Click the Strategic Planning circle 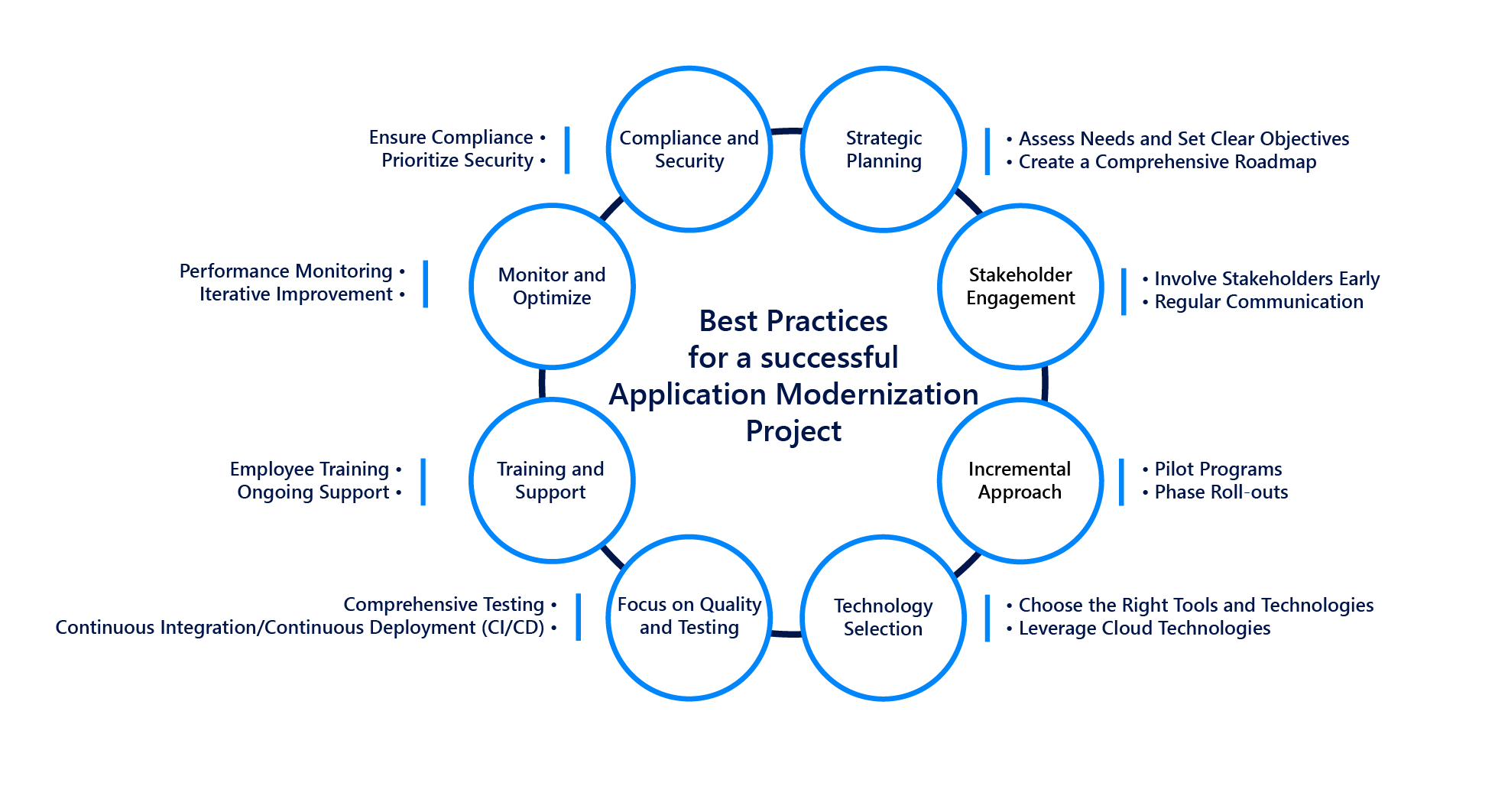pyautogui.click(x=884, y=149)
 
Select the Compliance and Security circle pyautogui.click(x=689, y=149)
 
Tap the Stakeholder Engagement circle pyautogui.click(x=1020, y=286)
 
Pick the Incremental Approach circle pyautogui.click(x=1020, y=480)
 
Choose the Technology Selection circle pyautogui.click(x=883, y=617)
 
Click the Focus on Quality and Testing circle pyautogui.click(x=689, y=616)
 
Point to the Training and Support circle pyautogui.click(x=551, y=480)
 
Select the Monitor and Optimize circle pyautogui.click(x=552, y=286)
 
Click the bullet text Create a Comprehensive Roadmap pyautogui.click(x=1167, y=162)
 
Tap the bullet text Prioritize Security pyautogui.click(x=457, y=161)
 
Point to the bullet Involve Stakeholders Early pyautogui.click(x=1266, y=279)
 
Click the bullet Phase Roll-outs pyautogui.click(x=1221, y=492)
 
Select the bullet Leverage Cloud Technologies pyautogui.click(x=1144, y=628)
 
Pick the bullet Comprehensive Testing pyautogui.click(x=443, y=605)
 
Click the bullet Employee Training pyautogui.click(x=310, y=469)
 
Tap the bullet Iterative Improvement pyautogui.click(x=296, y=294)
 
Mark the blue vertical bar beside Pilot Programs pyautogui.click(x=1121, y=482)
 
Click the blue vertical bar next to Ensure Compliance pyautogui.click(x=567, y=150)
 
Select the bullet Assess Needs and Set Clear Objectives pyautogui.click(x=1183, y=139)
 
